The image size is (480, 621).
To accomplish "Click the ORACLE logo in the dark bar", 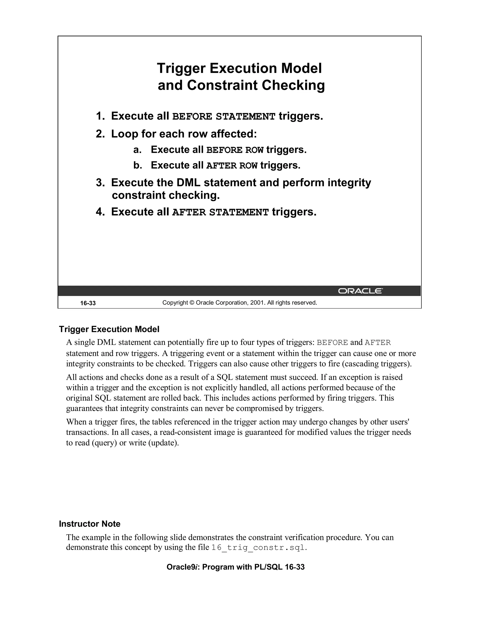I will (360, 291).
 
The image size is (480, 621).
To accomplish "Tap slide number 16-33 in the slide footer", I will (88, 303).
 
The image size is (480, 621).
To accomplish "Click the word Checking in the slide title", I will (293, 85).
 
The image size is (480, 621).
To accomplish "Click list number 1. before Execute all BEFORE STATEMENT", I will (100, 116).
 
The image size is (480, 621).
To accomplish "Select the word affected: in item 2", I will (234, 134).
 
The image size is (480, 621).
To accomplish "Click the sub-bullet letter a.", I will (137, 150).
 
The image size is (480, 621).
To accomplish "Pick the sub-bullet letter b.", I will (138, 165).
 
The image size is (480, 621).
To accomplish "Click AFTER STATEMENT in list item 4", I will (220, 212).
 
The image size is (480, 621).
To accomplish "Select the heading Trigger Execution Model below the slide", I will (109, 329).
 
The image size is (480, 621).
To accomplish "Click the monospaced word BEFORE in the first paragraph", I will (332, 343).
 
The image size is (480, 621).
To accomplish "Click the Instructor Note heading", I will (90, 524).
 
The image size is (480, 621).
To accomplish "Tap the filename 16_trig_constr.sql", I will (258, 547).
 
